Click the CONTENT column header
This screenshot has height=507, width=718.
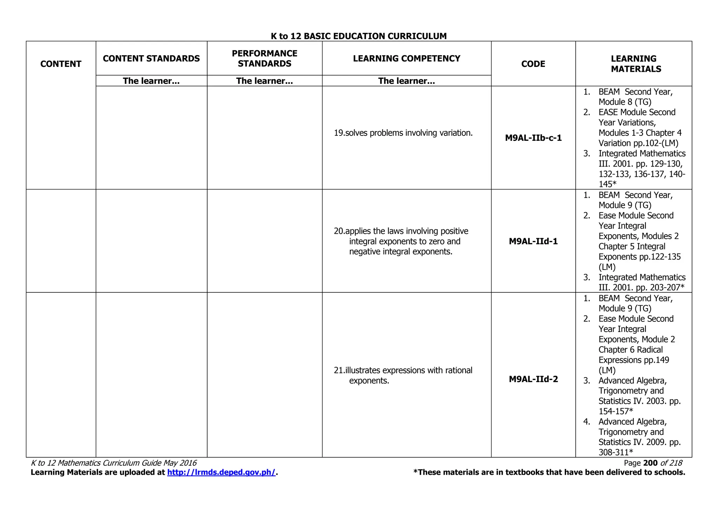(61, 64)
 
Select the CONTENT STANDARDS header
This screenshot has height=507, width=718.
(151, 58)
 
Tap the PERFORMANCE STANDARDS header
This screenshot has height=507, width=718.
(264, 58)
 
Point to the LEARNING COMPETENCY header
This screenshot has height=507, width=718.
(406, 58)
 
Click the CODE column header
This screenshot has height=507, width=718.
(533, 64)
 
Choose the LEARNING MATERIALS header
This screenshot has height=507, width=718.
(636, 64)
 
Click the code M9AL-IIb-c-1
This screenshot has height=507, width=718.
(533, 138)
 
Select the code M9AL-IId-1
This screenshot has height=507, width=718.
(533, 241)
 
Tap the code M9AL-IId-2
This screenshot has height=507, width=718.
(533, 379)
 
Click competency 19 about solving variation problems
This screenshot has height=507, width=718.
(403, 133)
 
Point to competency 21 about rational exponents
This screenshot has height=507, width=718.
(403, 375)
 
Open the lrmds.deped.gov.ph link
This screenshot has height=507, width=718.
(221, 472)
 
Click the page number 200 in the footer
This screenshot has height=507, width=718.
(650, 463)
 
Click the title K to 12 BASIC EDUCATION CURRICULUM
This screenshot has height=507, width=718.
(359, 36)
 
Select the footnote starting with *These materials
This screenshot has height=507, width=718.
(549, 472)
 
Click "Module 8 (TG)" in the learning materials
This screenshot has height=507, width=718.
(625, 102)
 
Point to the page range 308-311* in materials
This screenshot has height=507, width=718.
(616, 452)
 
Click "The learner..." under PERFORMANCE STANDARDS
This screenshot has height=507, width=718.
(264, 81)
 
